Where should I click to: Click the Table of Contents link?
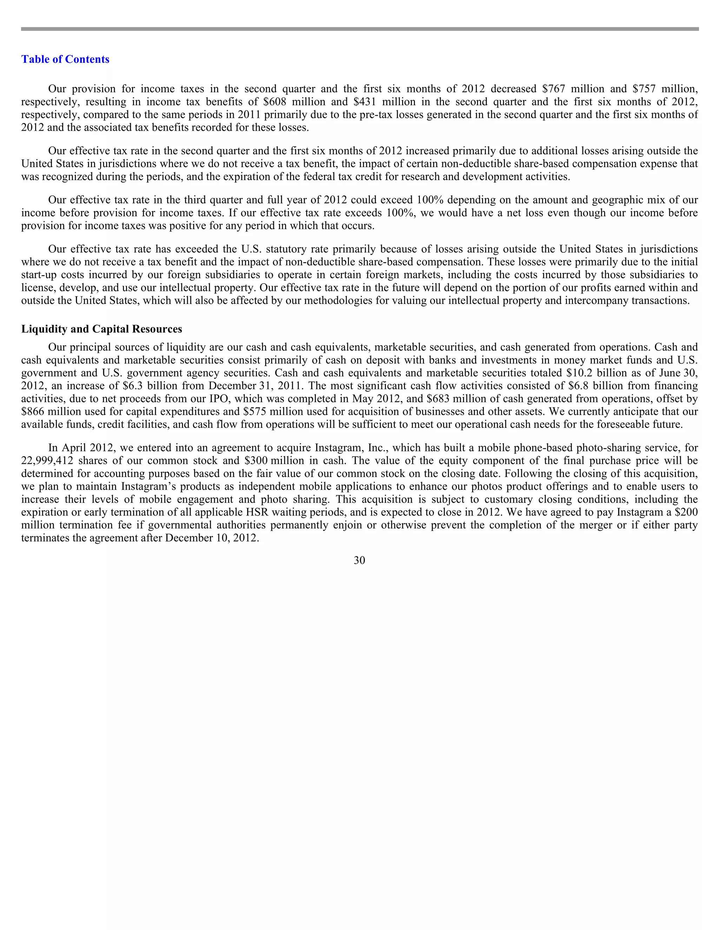(x=65, y=59)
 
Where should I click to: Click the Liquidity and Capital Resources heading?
(x=101, y=329)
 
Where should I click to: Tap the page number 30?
(x=359, y=560)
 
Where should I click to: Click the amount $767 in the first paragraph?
(x=553, y=89)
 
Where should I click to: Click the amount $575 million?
(x=273, y=412)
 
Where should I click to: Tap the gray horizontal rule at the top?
(x=359, y=29)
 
